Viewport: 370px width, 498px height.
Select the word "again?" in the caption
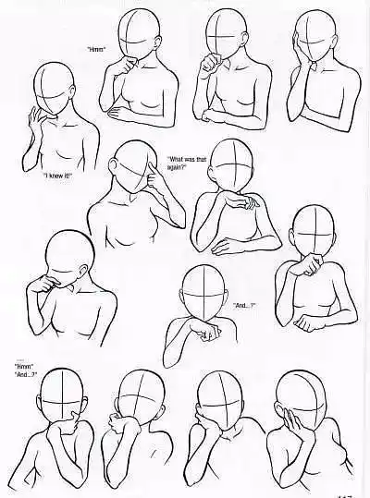click(178, 167)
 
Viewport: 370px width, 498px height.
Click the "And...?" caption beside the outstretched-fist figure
click(246, 306)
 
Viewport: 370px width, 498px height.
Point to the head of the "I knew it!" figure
click(57, 88)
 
